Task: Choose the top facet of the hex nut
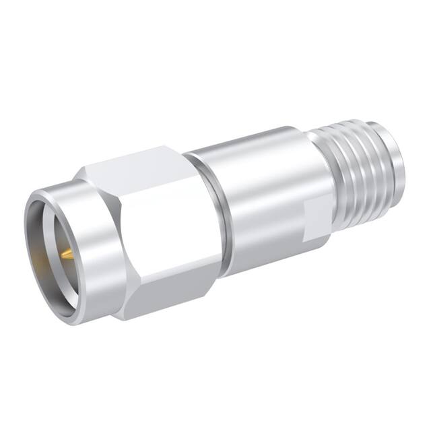[x=135, y=165]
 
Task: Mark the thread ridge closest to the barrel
[x=330, y=168]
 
